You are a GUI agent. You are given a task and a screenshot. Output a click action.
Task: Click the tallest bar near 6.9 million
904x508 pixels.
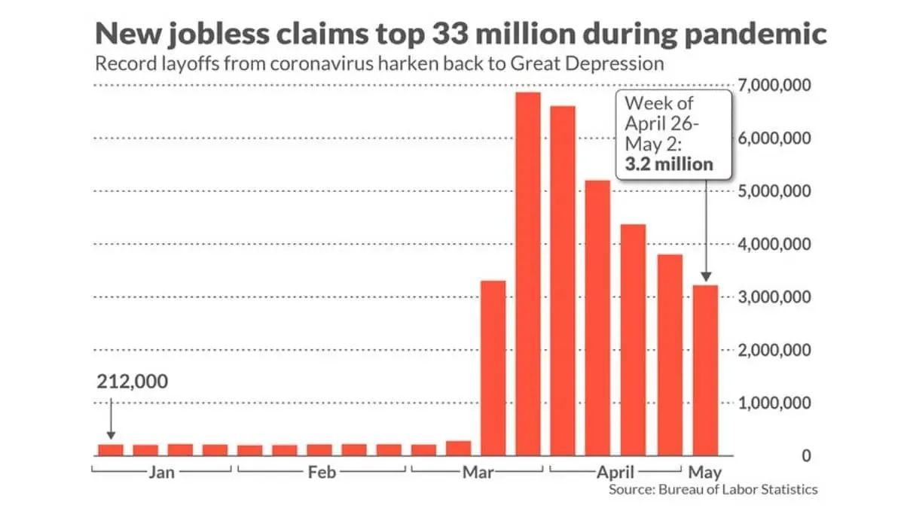pos(528,275)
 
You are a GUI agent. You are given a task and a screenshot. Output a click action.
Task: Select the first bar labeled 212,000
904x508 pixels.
pos(111,450)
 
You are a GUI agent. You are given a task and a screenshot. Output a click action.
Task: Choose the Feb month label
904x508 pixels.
pos(322,473)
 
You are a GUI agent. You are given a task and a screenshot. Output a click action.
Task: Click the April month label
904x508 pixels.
pos(615,473)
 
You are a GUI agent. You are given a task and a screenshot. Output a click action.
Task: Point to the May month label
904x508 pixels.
pos(704,473)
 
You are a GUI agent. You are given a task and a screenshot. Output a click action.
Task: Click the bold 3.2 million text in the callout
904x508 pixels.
pos(669,164)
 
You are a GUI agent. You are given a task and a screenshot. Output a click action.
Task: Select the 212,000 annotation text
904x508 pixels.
pos(133,382)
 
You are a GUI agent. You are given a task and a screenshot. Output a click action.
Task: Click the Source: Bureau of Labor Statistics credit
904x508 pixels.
pos(713,490)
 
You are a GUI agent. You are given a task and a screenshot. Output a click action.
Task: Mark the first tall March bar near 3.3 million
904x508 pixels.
pos(493,368)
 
